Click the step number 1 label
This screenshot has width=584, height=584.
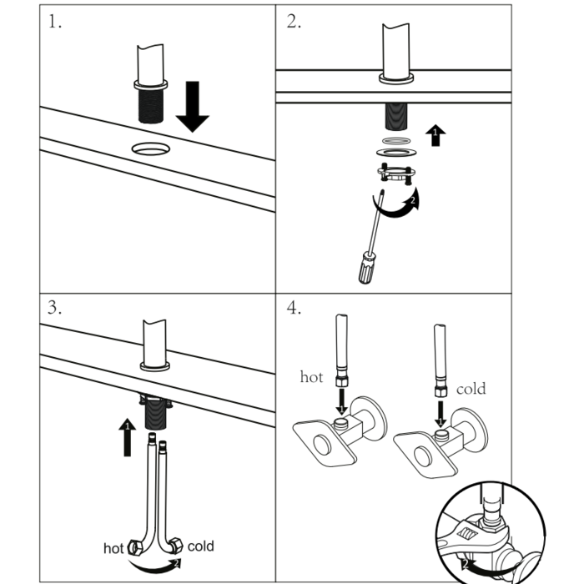[x=54, y=23]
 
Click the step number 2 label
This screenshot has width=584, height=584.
[x=293, y=23]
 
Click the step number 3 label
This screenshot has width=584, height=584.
[x=54, y=307]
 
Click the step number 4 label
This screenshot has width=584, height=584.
[x=294, y=308]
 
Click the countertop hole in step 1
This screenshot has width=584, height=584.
[x=150, y=149]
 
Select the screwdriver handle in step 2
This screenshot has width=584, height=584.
[x=366, y=269]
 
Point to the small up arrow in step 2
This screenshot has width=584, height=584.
[x=434, y=135]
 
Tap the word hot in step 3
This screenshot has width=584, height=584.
[x=113, y=548]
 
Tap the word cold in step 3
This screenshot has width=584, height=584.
[x=200, y=546]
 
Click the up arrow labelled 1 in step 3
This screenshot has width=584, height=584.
[x=128, y=437]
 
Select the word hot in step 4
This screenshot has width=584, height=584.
[x=311, y=376]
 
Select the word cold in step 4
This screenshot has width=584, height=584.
[x=471, y=388]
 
